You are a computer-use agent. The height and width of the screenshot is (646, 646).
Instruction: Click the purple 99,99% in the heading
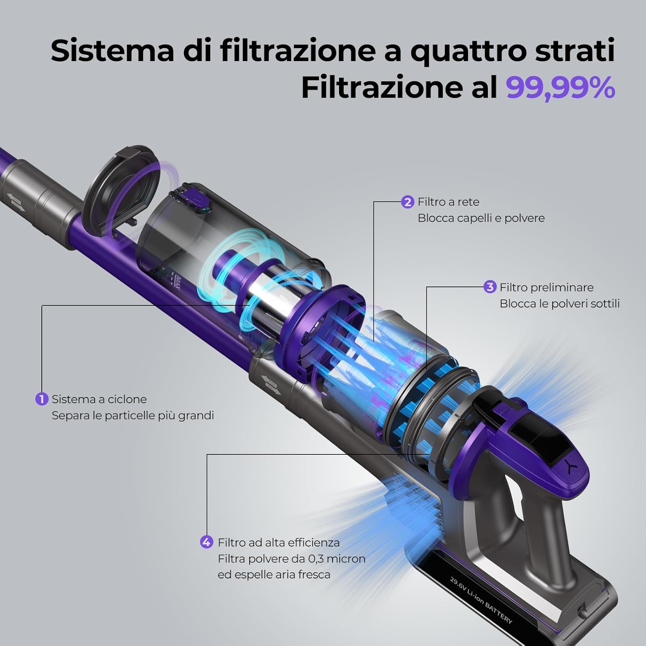(560, 87)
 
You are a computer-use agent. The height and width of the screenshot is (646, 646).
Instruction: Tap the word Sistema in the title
(112, 51)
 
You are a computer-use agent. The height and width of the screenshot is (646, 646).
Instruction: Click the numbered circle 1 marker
(41, 399)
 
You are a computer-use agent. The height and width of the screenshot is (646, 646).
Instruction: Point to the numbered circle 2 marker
(407, 202)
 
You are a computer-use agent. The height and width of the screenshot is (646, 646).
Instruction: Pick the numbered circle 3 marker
(490, 287)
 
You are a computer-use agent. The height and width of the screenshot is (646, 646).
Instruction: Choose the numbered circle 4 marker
(207, 542)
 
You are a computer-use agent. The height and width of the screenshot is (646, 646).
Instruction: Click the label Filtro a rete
(448, 202)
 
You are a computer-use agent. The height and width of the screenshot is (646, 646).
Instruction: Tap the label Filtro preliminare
(547, 287)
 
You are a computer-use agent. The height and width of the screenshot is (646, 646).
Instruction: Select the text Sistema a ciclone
(99, 399)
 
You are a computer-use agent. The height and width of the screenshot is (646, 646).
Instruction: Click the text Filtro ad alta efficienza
(279, 542)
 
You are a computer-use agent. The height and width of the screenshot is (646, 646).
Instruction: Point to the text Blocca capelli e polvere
(481, 218)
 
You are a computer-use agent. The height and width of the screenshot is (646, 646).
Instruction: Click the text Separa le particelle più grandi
(133, 416)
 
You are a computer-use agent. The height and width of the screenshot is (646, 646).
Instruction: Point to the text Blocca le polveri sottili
(559, 304)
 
